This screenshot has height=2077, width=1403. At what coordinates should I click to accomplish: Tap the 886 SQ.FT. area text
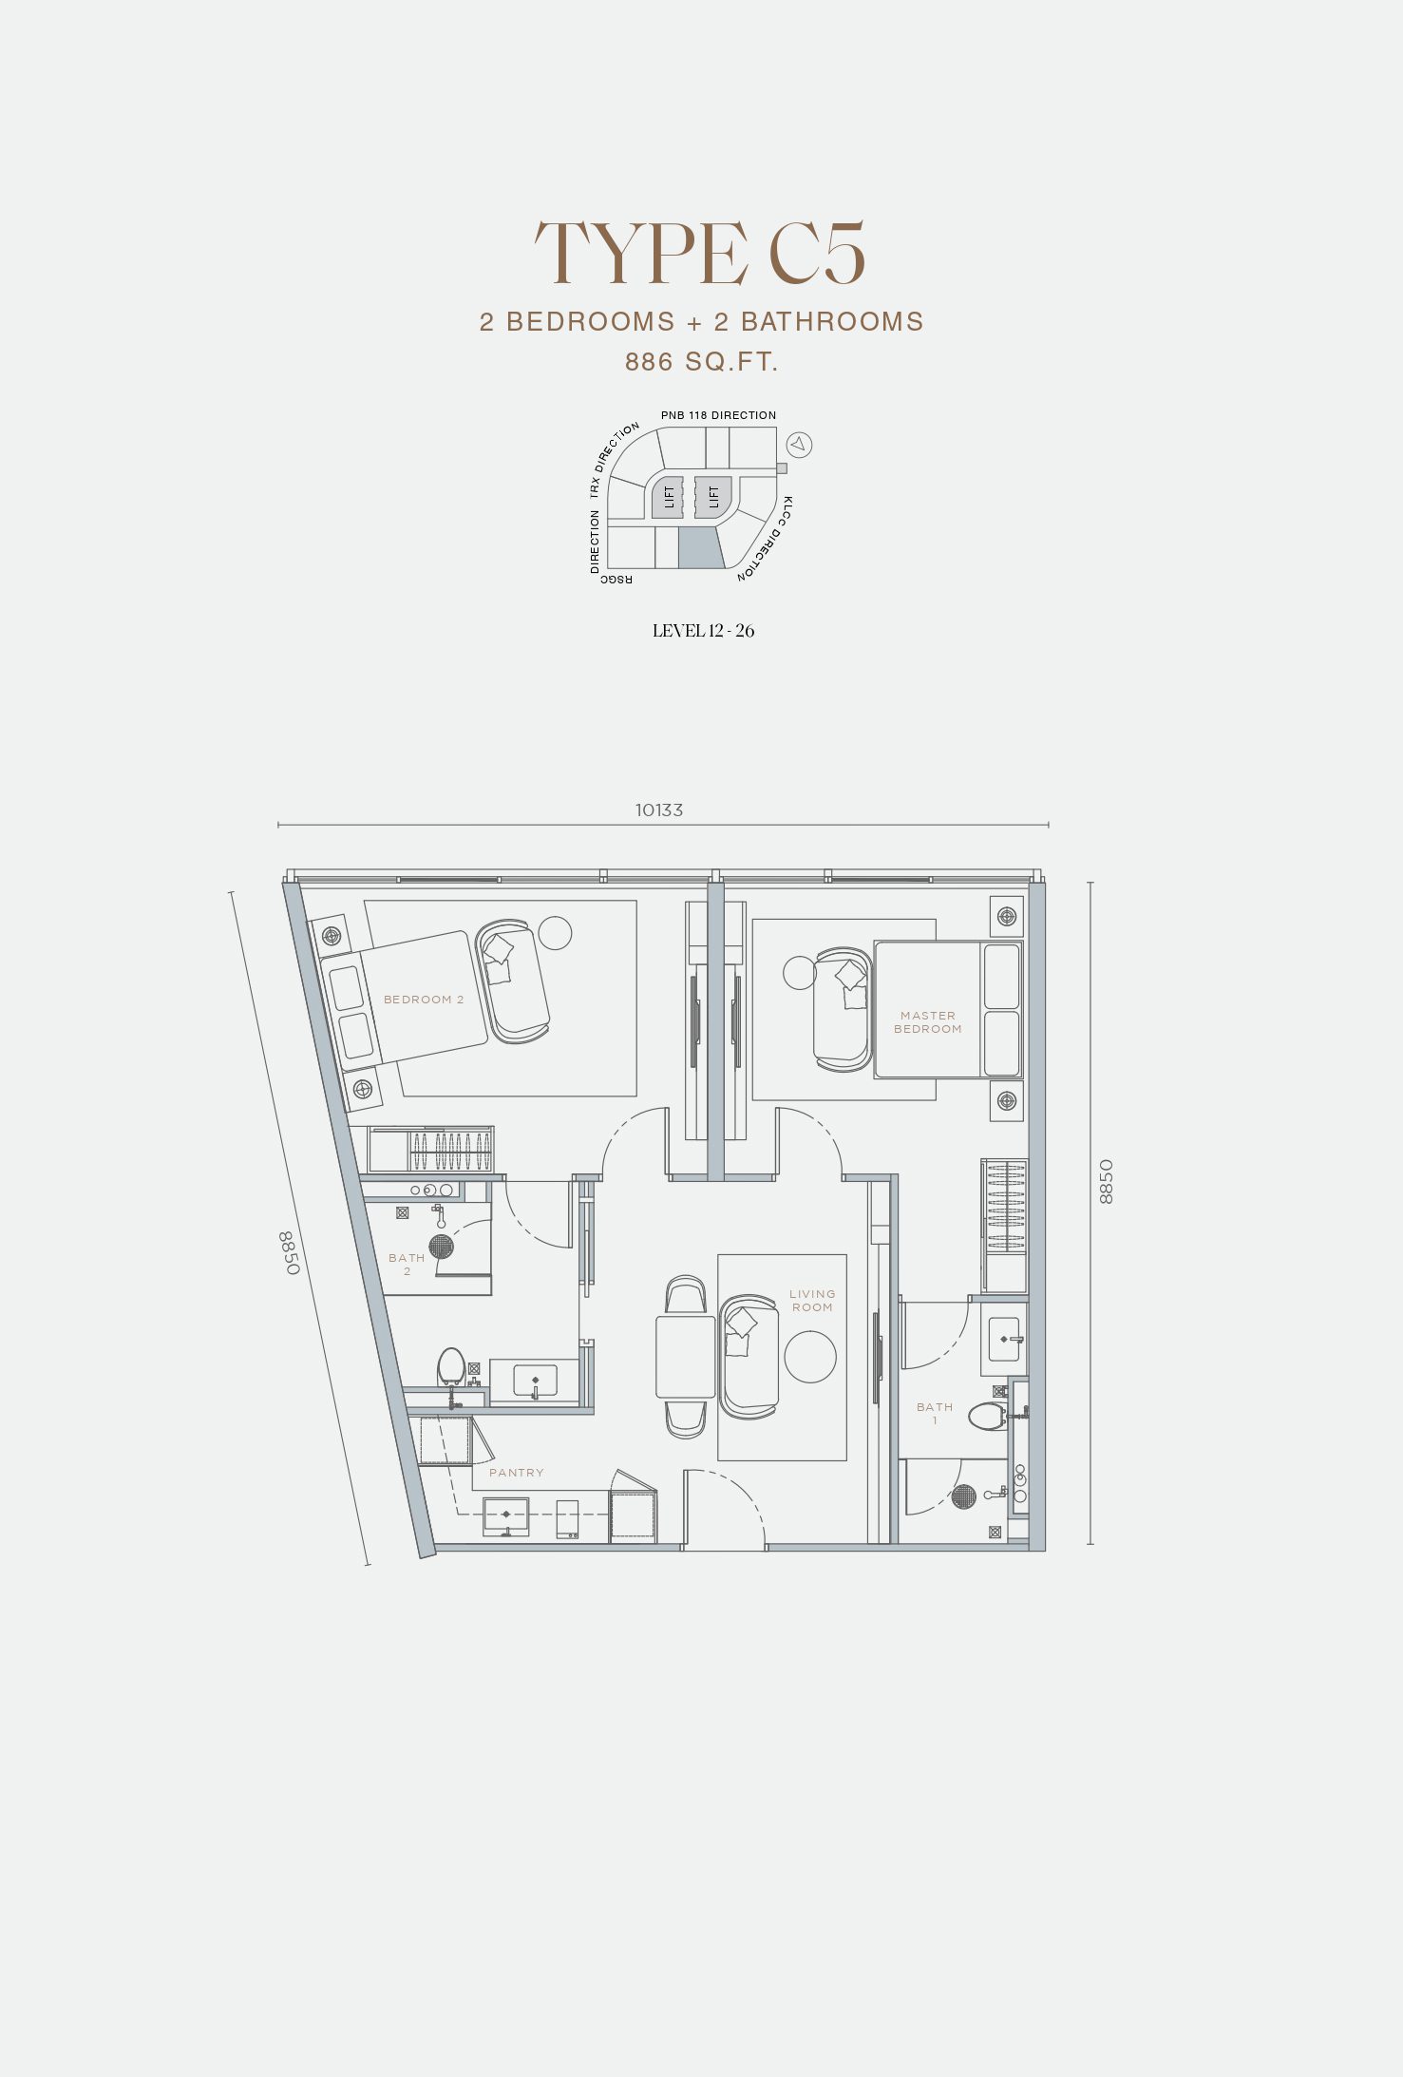tap(701, 362)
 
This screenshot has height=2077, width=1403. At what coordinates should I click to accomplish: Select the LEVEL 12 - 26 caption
tap(703, 631)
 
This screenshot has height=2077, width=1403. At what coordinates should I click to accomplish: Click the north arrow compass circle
tap(800, 444)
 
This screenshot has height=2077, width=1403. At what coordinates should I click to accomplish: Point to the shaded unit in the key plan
tap(701, 548)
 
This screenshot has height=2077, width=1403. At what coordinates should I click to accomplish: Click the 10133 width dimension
tap(659, 810)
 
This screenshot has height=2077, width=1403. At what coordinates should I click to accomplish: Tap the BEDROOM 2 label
tap(424, 1000)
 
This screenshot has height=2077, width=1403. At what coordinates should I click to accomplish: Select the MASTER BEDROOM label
tap(928, 1022)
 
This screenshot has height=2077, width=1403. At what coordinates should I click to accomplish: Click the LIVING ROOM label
tap(812, 1301)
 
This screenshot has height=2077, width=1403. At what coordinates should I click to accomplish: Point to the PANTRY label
tap(517, 1473)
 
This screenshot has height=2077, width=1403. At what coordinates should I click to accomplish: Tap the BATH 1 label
tap(935, 1414)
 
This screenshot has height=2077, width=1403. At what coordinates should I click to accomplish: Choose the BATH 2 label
tap(407, 1265)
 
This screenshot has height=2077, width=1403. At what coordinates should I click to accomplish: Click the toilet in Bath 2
tap(451, 1369)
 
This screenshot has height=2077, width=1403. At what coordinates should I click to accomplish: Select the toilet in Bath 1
tap(989, 1417)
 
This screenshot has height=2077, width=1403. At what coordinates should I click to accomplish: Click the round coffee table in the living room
tap(810, 1357)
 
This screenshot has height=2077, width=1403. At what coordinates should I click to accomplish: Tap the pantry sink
tap(506, 1516)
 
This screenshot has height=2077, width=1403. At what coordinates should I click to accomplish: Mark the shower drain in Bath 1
tap(963, 1496)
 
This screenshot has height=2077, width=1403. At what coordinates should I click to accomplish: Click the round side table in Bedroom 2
tap(555, 933)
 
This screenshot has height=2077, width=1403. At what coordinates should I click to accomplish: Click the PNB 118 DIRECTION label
tap(719, 415)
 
